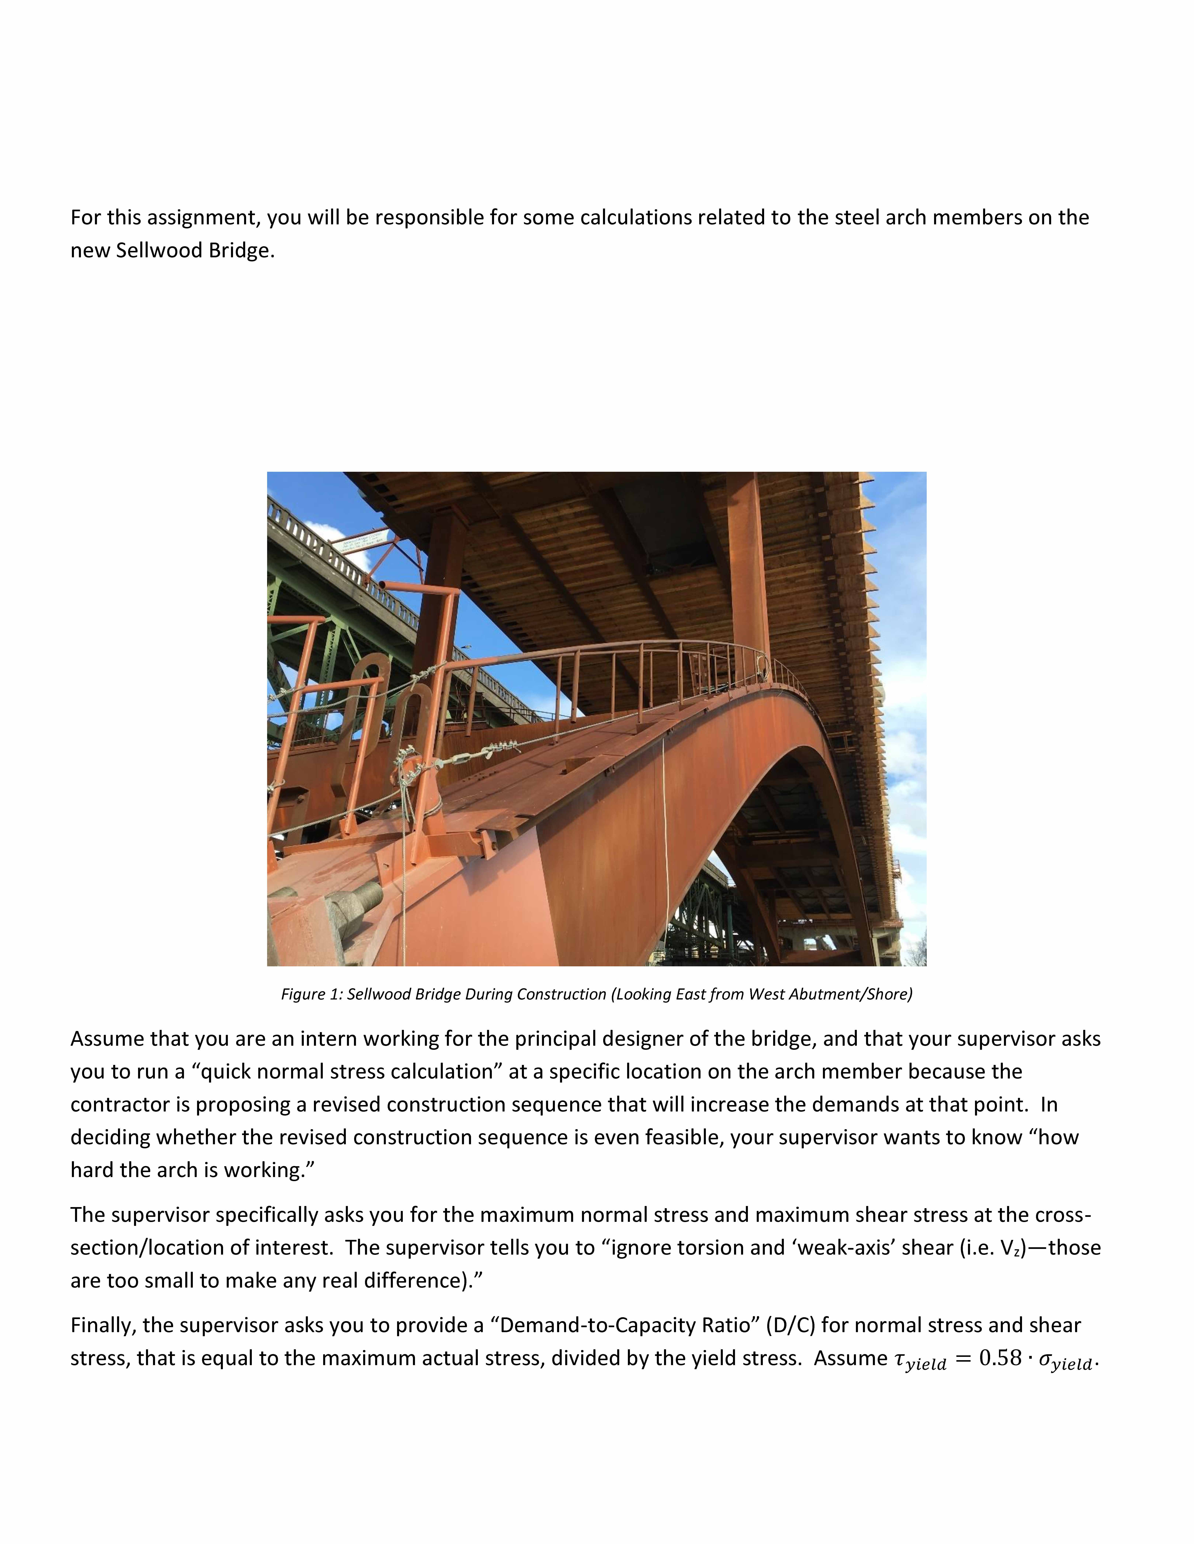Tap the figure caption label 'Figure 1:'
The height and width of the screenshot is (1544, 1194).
click(311, 994)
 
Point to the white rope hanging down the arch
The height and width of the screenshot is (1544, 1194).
click(665, 834)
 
